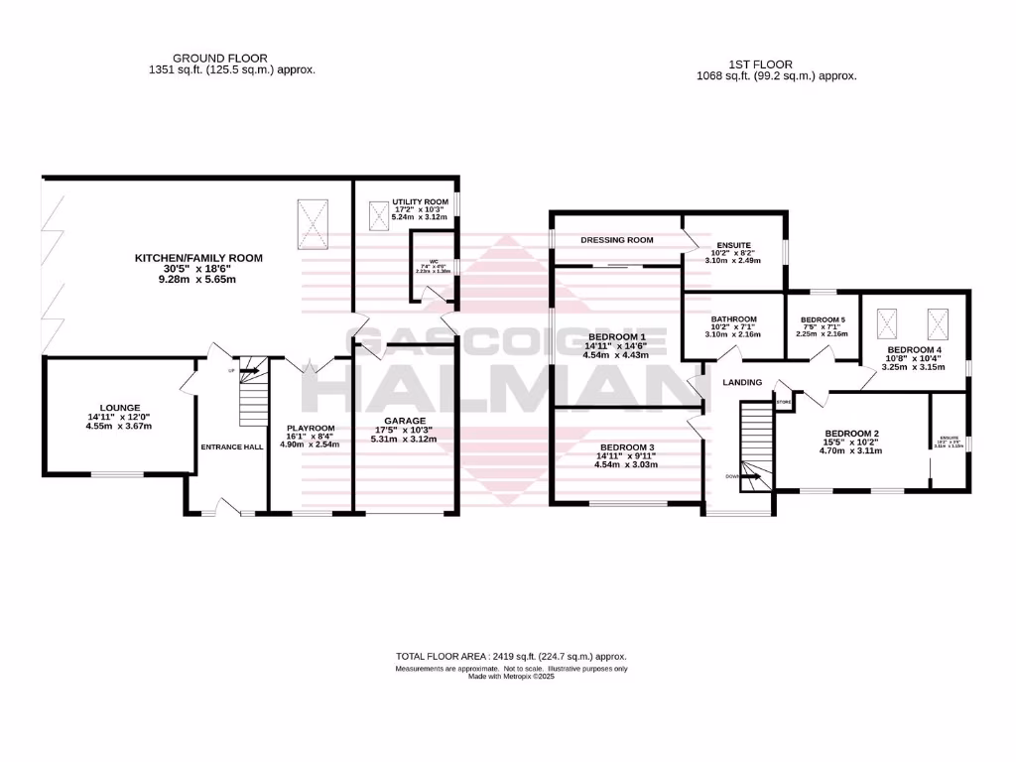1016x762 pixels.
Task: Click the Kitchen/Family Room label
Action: [x=198, y=258]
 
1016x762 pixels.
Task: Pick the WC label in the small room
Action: [x=433, y=263]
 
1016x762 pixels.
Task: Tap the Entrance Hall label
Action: [x=232, y=447]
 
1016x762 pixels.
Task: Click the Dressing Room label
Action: [x=616, y=239]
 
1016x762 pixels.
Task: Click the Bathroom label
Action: [x=733, y=319]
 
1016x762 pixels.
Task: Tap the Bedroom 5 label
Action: [x=823, y=319]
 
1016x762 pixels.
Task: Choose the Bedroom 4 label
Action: [x=914, y=350]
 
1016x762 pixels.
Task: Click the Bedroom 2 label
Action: [x=852, y=434]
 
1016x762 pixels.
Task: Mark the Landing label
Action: [x=741, y=382]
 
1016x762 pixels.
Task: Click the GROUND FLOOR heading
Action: [x=219, y=59]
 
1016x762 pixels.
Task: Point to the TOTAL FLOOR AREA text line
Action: [x=511, y=657]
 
